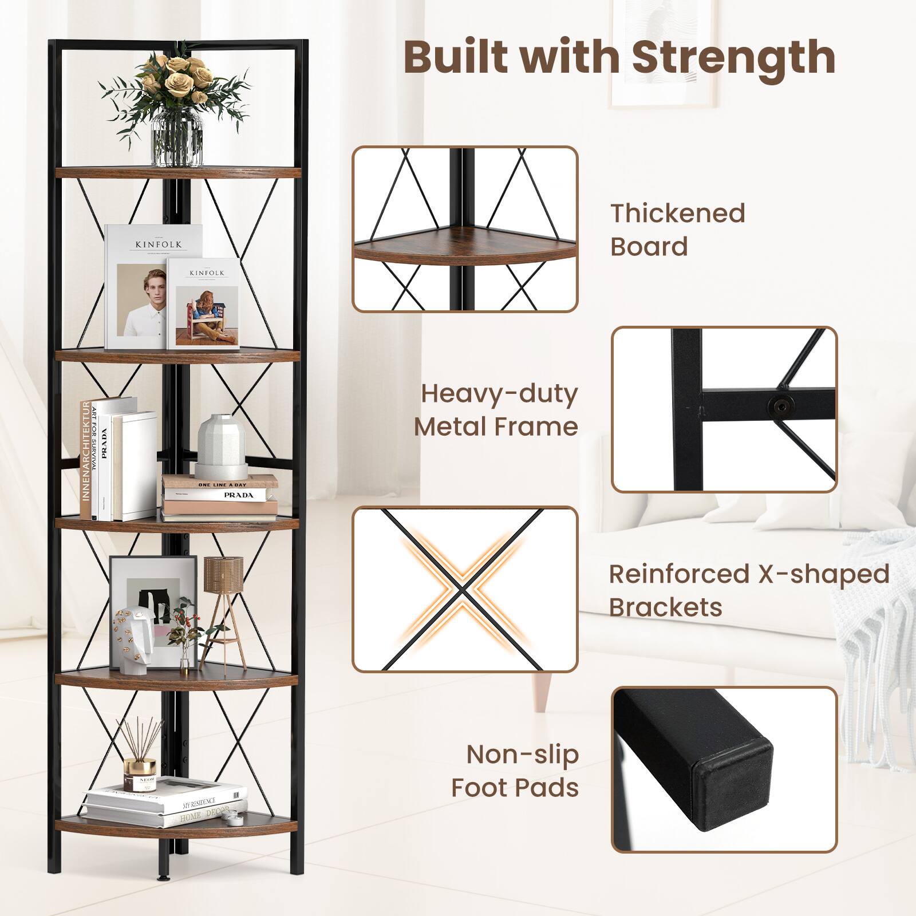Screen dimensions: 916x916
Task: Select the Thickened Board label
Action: [678, 230]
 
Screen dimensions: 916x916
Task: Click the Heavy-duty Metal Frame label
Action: [496, 410]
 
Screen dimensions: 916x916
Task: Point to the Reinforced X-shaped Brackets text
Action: [749, 590]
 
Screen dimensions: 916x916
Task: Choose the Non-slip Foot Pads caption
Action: [515, 771]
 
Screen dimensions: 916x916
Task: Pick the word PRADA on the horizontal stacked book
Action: [239, 495]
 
